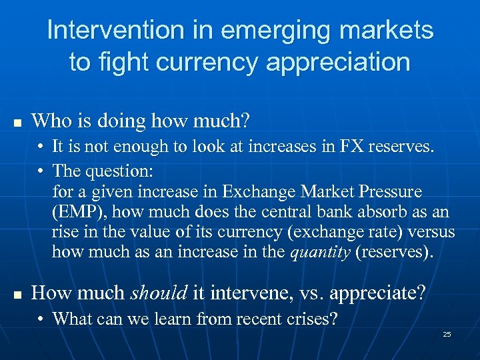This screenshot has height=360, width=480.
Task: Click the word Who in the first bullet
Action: pos(51,121)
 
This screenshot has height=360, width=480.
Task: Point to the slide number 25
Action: pos(447,333)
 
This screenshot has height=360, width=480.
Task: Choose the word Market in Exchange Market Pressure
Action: pos(320,192)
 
